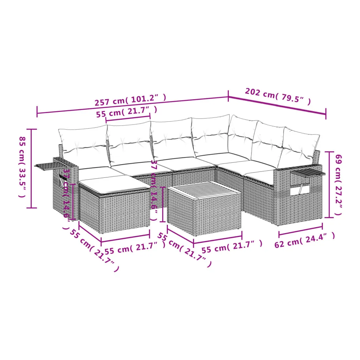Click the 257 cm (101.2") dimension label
[130, 100]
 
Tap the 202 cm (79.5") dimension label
[278, 96]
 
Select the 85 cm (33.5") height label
[22, 167]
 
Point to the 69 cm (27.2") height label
[339, 185]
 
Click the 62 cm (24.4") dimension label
[305, 240]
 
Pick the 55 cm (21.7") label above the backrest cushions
[127, 112]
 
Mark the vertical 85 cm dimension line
[32, 169]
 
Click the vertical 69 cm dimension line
[329, 185]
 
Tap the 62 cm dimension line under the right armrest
[300, 230]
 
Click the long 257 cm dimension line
[133, 105]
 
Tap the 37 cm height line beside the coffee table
[163, 204]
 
